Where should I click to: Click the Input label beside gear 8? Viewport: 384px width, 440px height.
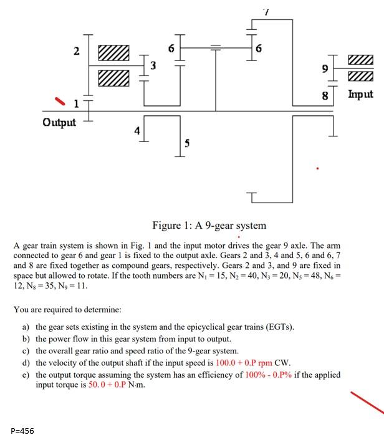[360, 94]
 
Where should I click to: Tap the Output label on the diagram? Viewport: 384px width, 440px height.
[59, 122]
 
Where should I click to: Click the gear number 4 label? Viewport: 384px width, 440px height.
[137, 131]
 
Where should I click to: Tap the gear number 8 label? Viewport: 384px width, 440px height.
[325, 96]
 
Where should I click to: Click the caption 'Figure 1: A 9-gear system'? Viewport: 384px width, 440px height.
[209, 226]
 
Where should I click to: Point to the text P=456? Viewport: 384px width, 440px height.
[22, 431]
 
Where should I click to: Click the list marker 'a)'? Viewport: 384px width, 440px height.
[26, 327]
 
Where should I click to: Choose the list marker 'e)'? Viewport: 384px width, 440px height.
[26, 375]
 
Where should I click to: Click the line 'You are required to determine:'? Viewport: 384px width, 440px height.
[67, 309]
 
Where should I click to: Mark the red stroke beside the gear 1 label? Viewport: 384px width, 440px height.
[60, 100]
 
